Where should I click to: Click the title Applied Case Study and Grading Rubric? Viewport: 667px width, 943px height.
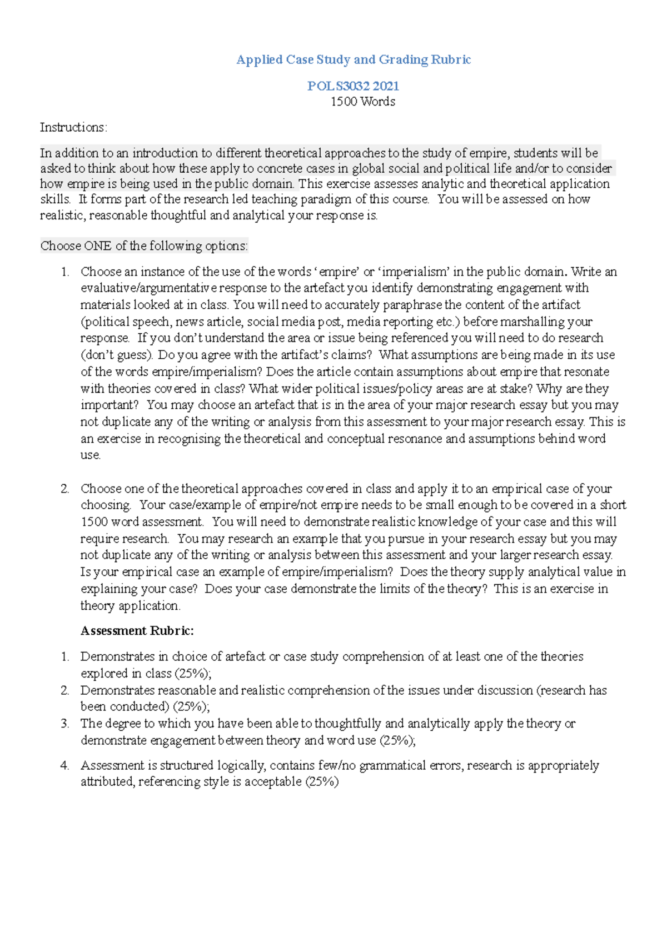tap(354, 59)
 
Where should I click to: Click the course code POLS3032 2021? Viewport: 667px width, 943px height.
tap(354, 86)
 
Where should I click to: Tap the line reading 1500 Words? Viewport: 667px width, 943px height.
tap(362, 102)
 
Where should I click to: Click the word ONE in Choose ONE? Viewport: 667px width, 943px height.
tap(98, 245)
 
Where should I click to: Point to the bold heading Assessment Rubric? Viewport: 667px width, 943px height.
tap(137, 631)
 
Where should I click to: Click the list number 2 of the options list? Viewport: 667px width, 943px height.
tap(65, 489)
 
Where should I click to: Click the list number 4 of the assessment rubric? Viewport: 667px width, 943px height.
tap(65, 765)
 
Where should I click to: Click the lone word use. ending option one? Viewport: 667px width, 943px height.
tap(91, 455)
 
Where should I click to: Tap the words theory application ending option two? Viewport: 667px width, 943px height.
tap(130, 605)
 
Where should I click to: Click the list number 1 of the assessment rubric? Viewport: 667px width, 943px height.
tap(65, 656)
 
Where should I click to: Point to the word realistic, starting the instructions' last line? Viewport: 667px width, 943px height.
tap(62, 215)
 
